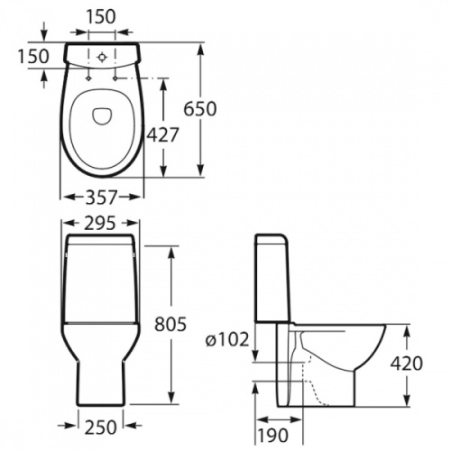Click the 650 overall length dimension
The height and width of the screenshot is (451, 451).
tap(200, 109)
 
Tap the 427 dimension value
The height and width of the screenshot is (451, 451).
tap(162, 134)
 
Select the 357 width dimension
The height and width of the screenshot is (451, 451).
tap(101, 198)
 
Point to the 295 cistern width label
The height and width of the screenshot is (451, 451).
tap(100, 223)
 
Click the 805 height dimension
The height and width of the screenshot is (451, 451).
tap(170, 324)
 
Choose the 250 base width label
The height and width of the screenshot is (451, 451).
tap(100, 427)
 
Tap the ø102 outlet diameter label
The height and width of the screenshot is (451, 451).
tap(227, 339)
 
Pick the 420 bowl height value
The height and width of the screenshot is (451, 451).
tap(407, 364)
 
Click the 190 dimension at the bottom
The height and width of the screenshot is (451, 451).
tap(273, 435)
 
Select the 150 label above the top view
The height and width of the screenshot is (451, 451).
tap(101, 17)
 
